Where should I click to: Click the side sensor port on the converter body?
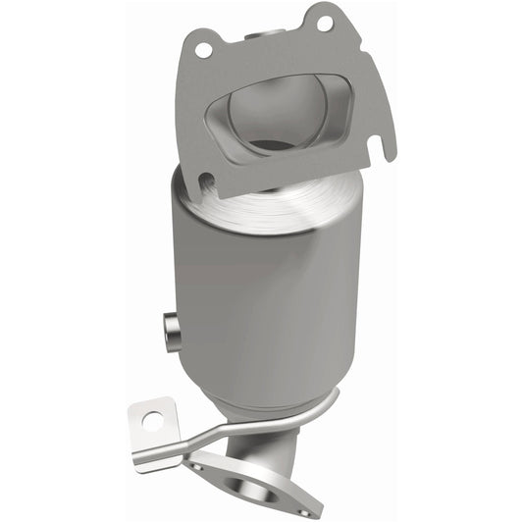171,330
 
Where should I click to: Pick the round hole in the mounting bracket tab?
152,420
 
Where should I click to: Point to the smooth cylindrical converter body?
255,294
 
